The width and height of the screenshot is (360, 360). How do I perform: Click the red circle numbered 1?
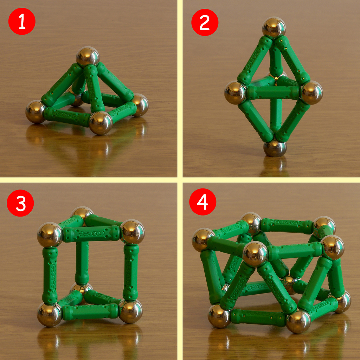pos(22,21)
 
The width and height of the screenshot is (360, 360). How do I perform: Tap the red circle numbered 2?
pos(205,22)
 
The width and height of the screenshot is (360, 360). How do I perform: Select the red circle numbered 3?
pos(20,203)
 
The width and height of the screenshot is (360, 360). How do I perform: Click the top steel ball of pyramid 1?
pos(88,56)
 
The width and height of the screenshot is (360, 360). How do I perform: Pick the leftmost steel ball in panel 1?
pos(36,111)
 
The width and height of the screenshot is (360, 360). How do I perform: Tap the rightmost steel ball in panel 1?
pos(140,105)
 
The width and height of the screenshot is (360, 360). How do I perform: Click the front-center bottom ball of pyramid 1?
pos(101,123)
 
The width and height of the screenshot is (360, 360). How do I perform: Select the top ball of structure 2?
pos(274,27)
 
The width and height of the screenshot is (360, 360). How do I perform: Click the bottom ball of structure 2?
pos(275,148)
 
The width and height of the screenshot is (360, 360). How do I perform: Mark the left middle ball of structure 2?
pos(235,92)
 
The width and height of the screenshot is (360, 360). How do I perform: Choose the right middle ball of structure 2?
pos(311,92)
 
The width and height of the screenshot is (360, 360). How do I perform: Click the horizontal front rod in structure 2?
pos(274,92)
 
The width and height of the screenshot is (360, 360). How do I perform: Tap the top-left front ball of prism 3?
pos(50,234)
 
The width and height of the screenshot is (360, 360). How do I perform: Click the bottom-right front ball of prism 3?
pos(130,311)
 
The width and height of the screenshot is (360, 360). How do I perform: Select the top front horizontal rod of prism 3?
pos(91,233)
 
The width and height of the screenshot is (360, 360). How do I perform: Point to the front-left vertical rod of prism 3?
pos(50,275)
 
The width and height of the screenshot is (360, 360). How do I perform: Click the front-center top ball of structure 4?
pos(255,253)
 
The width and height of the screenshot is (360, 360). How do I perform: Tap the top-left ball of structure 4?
pos(203,239)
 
